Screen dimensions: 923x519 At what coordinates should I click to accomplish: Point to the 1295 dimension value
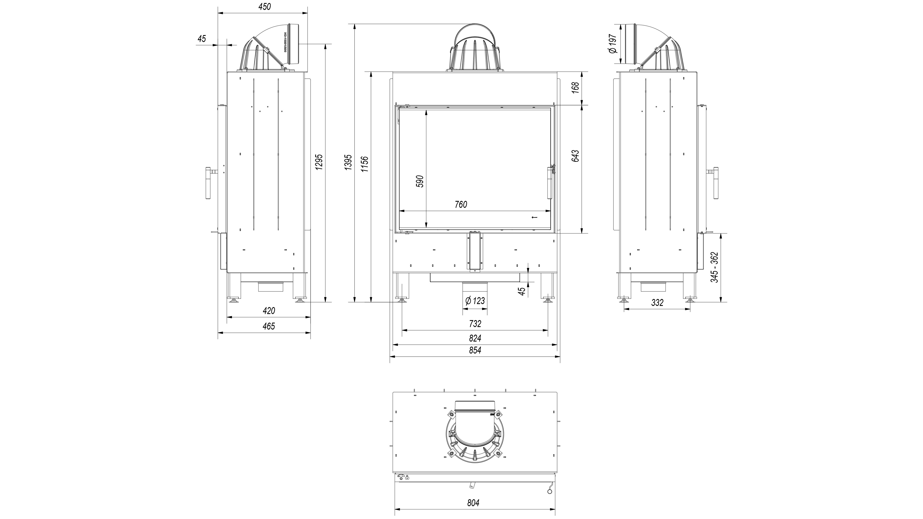pyautogui.click(x=320, y=162)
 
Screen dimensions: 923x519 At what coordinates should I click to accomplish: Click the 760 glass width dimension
pyautogui.click(x=461, y=204)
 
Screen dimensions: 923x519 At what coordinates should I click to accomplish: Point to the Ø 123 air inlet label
pyautogui.click(x=475, y=300)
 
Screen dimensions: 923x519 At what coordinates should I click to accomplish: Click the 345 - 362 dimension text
pyautogui.click(x=714, y=267)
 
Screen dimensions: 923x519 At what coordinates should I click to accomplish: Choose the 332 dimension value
pyautogui.click(x=657, y=303)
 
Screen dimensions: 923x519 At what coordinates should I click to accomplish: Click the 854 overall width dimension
pyautogui.click(x=475, y=350)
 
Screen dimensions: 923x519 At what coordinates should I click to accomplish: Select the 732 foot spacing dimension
pyautogui.click(x=475, y=323)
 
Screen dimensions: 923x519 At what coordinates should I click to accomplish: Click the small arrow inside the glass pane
pyautogui.click(x=535, y=217)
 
